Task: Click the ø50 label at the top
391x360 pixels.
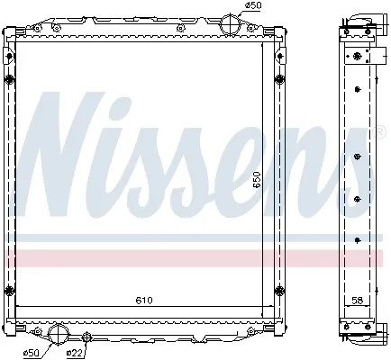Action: [255, 6]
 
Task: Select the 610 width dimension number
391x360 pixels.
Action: [145, 300]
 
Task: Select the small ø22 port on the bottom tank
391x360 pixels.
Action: [86, 337]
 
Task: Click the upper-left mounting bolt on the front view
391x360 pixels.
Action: [11, 83]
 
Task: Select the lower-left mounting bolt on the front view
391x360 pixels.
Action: [11, 290]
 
